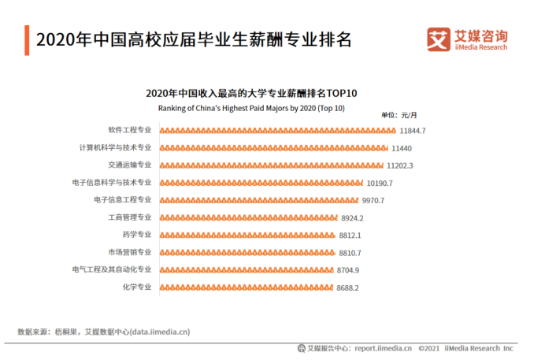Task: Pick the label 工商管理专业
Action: pos(130,217)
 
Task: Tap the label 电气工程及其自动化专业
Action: pos(111,269)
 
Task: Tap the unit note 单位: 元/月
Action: pos(399,116)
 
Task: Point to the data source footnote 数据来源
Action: pos(103,332)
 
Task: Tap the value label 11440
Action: pos(402,148)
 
